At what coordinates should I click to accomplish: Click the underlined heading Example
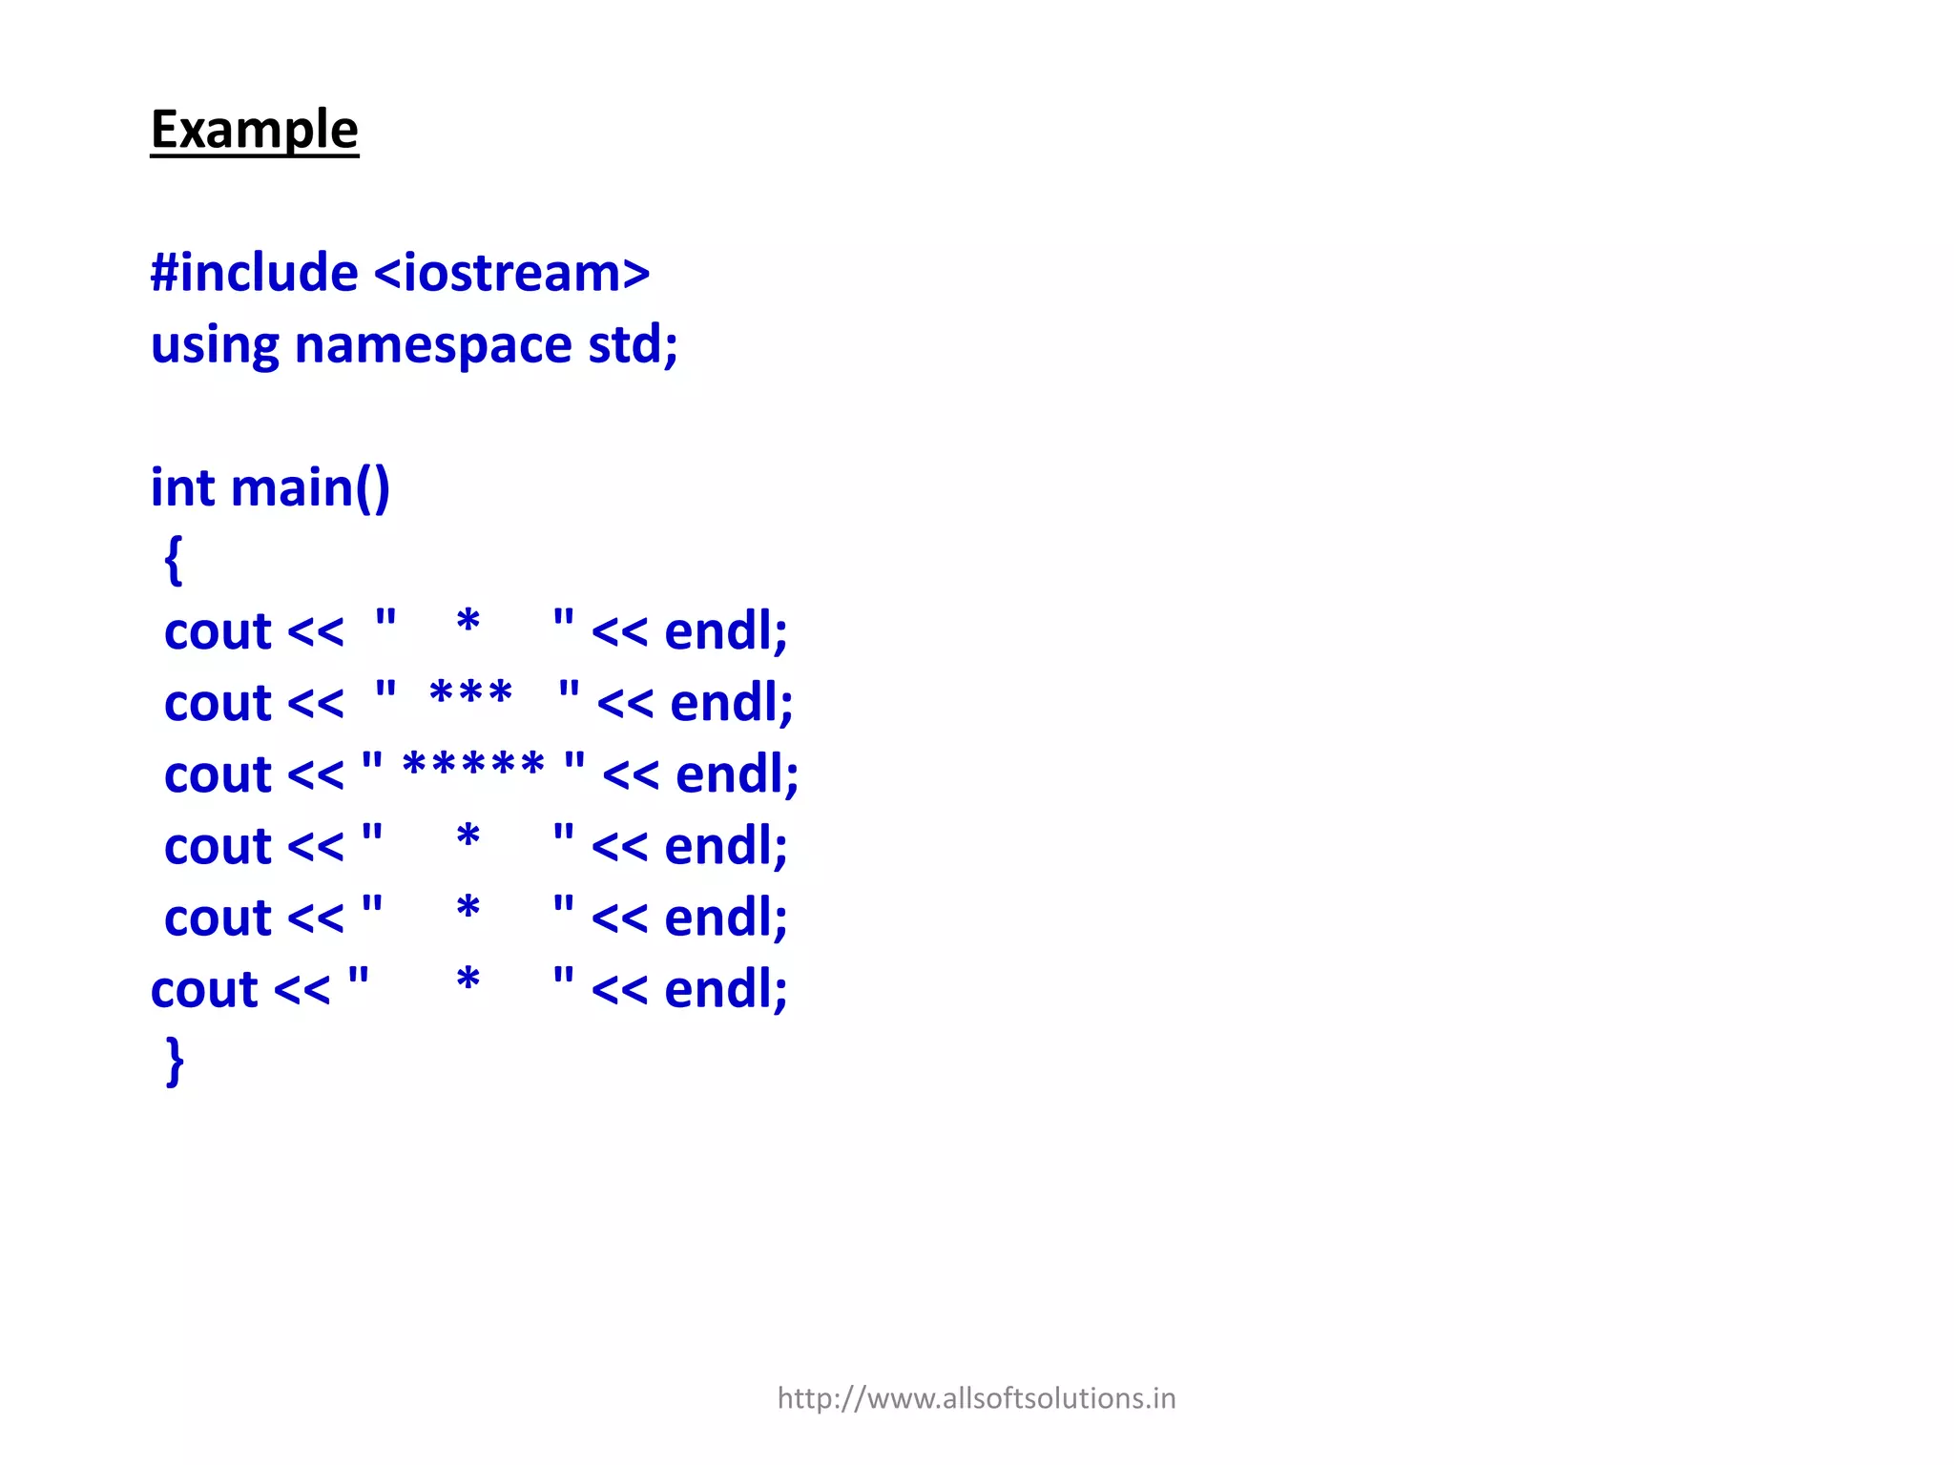(254, 130)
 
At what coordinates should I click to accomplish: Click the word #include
(254, 273)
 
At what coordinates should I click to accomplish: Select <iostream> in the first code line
(511, 273)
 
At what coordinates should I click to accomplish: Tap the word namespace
(432, 344)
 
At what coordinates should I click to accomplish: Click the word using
(215, 346)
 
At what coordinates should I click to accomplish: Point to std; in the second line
(633, 344)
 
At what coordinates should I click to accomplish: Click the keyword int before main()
(182, 487)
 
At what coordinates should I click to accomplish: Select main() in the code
(310, 488)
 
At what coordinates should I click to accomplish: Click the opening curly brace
(173, 560)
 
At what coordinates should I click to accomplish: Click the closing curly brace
(175, 1061)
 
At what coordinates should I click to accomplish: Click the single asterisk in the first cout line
(468, 623)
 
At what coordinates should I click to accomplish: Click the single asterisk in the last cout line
(468, 980)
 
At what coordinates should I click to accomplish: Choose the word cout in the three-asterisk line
(218, 704)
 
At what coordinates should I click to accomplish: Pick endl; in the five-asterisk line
(737, 774)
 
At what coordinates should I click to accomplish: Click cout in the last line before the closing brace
(204, 990)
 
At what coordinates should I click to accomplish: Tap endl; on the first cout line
(725, 631)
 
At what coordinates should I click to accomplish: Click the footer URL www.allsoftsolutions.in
(976, 1398)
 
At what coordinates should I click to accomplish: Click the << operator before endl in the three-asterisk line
(625, 705)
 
